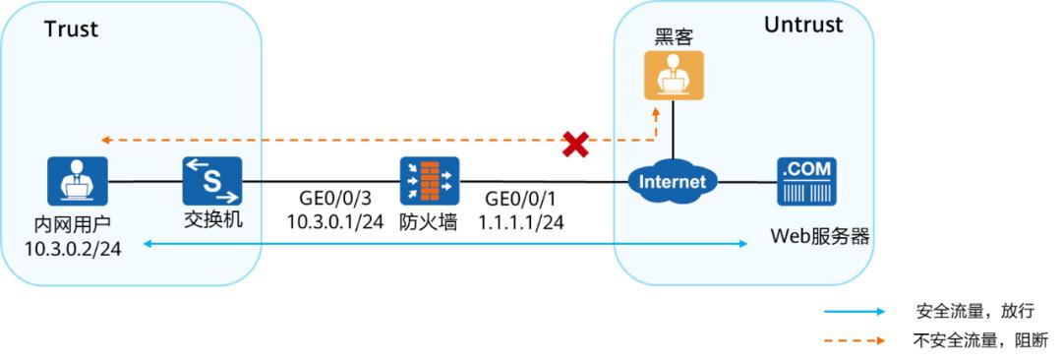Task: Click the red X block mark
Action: pyautogui.click(x=575, y=147)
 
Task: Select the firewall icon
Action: pyautogui.click(x=429, y=181)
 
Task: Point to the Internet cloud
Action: pyautogui.click(x=674, y=182)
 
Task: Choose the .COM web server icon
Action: pyautogui.click(x=806, y=181)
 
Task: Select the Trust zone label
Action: pyautogui.click(x=71, y=30)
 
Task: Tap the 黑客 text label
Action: pyautogui.click(x=674, y=36)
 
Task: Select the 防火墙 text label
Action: pyautogui.click(x=429, y=222)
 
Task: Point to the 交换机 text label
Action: pyautogui.click(x=212, y=220)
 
